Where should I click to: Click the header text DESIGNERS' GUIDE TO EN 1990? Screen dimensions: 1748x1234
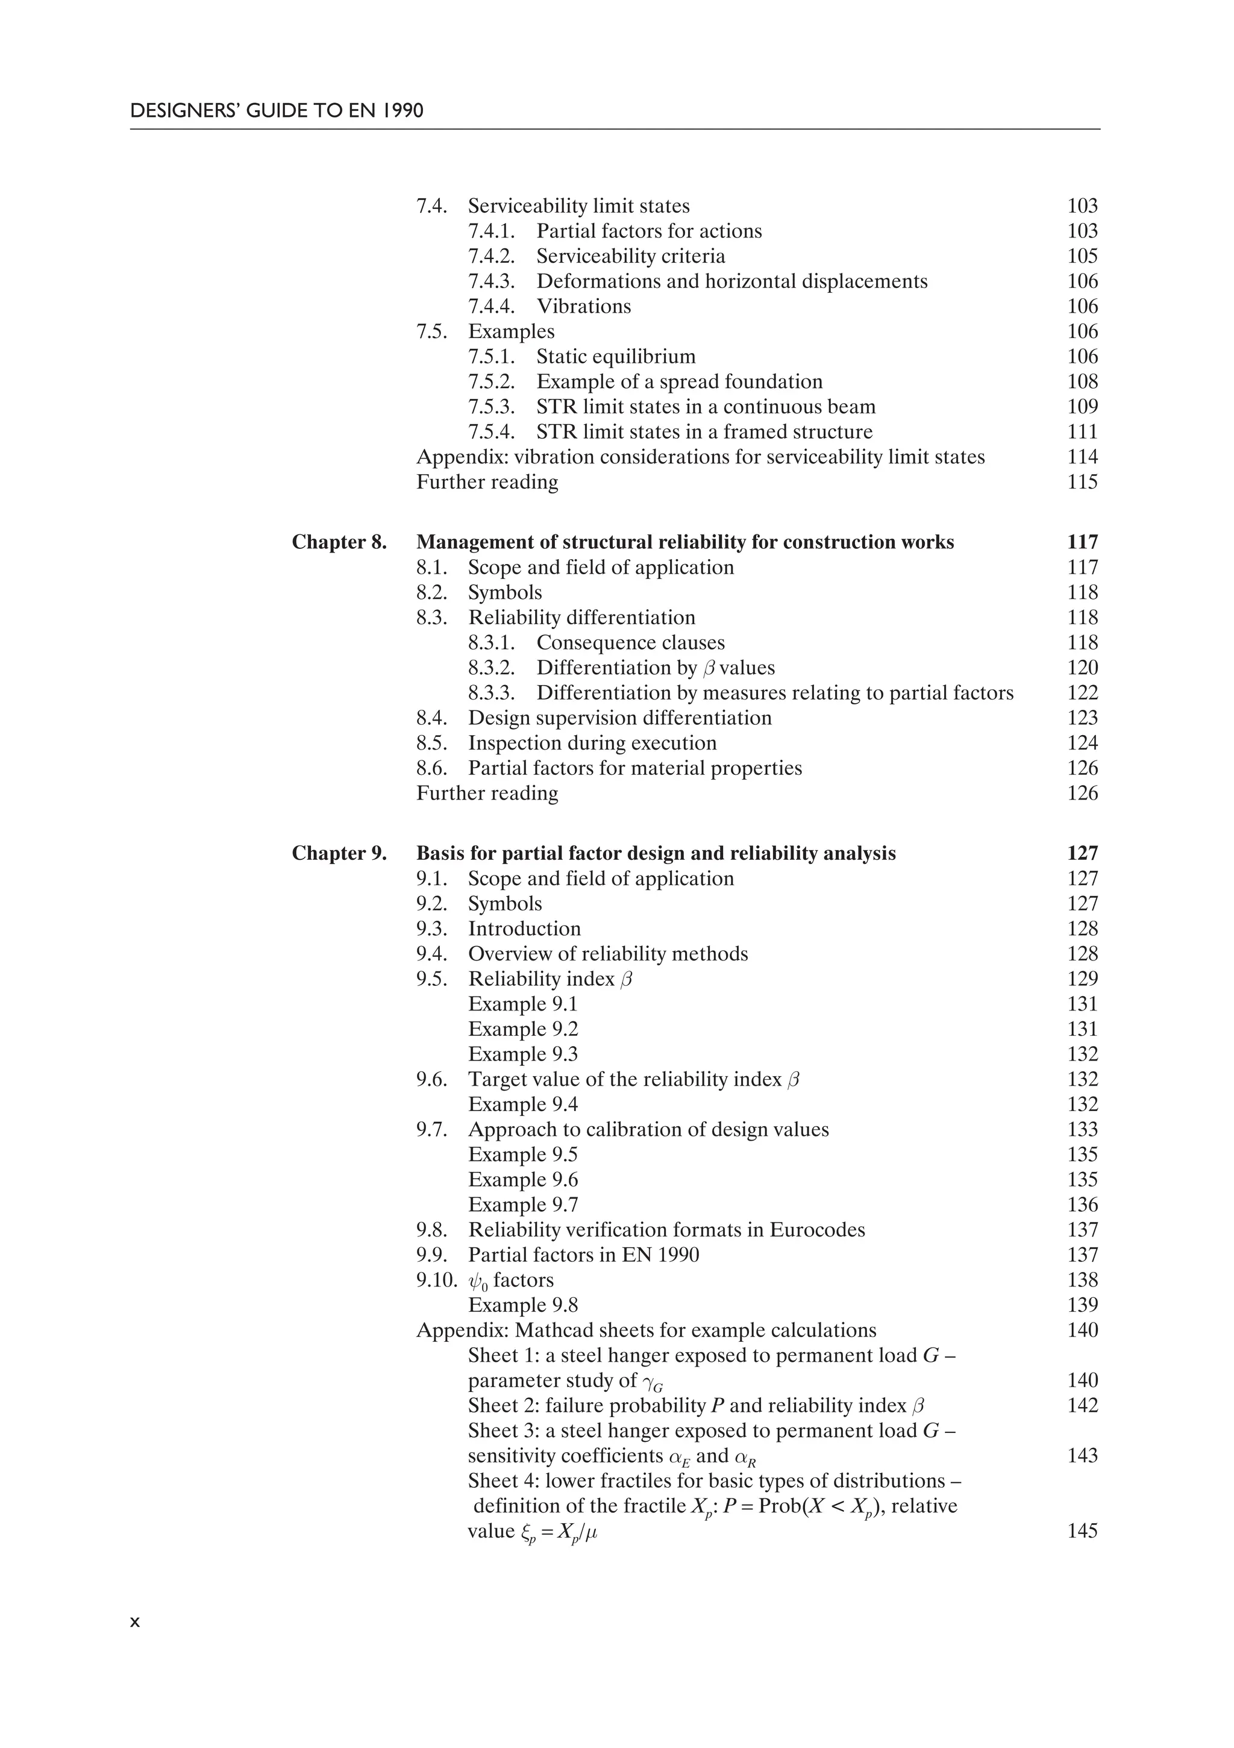[277, 111]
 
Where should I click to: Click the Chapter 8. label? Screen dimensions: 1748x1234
[339, 542]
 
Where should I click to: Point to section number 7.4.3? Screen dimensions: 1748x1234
[491, 281]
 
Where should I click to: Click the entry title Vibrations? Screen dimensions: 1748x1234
[584, 306]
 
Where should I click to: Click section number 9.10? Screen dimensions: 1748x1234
[437, 1280]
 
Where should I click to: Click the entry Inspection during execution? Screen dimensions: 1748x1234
[592, 743]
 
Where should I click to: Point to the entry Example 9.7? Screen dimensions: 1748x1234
[523, 1205]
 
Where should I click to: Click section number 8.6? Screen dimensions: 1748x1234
[431, 768]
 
